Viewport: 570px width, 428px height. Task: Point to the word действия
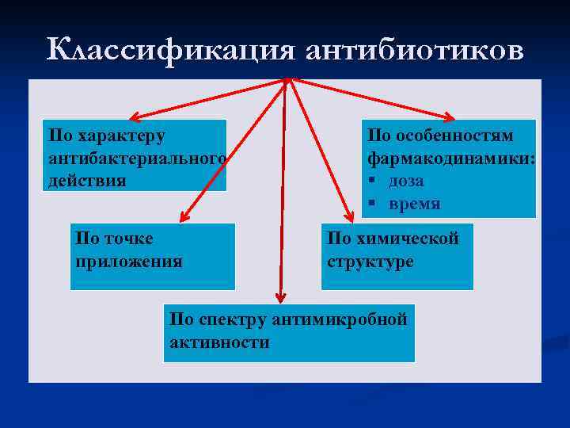[x=87, y=181]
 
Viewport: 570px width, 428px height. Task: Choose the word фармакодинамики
[x=450, y=159]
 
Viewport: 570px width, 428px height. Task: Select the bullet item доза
[x=406, y=181]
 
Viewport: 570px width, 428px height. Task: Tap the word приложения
[x=128, y=261]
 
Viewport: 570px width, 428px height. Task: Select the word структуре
[x=370, y=261]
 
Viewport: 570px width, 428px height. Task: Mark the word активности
[x=219, y=342]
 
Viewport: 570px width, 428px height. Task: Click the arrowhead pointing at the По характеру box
[x=134, y=115]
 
